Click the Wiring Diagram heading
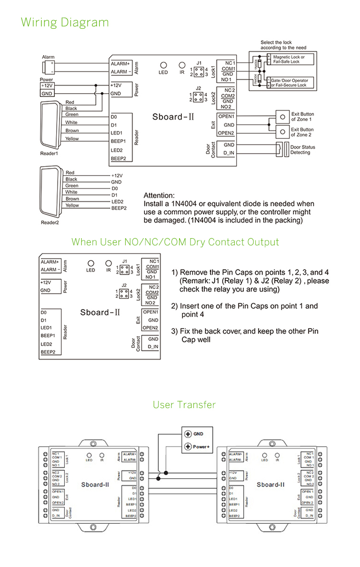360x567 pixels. click(x=65, y=23)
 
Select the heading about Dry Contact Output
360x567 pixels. click(x=175, y=242)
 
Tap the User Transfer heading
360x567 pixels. click(x=184, y=405)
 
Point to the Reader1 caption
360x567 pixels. click(x=49, y=154)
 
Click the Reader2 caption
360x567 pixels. click(x=49, y=222)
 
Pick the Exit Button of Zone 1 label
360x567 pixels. click(x=302, y=117)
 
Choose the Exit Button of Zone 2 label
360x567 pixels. click(x=302, y=132)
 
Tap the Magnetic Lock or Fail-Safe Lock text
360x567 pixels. click(x=293, y=59)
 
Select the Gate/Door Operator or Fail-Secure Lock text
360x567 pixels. click(x=296, y=83)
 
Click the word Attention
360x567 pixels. click(x=159, y=195)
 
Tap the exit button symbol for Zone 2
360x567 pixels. click(x=282, y=132)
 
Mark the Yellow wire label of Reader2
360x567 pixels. click(x=72, y=205)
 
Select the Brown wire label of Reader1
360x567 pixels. click(x=72, y=131)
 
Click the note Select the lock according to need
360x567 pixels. click(x=283, y=45)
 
